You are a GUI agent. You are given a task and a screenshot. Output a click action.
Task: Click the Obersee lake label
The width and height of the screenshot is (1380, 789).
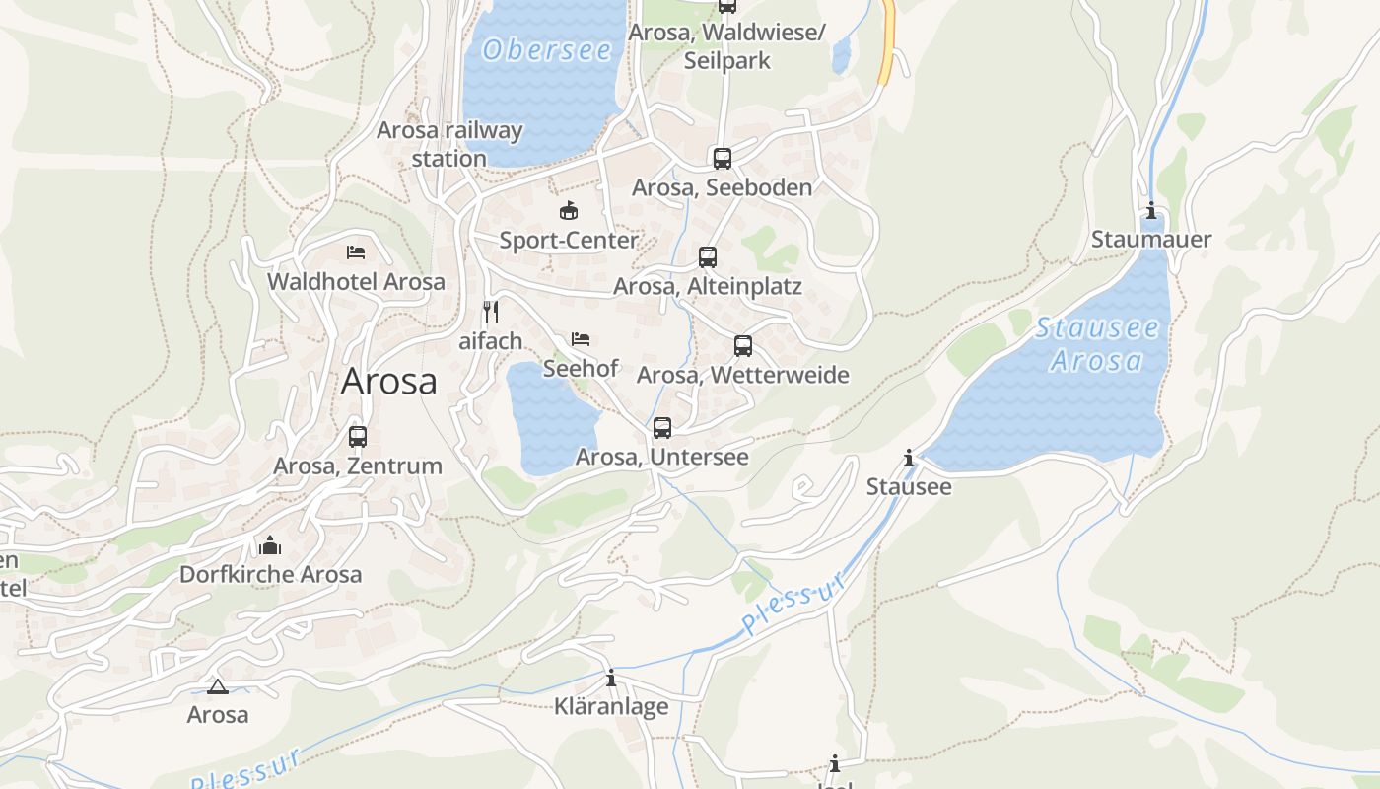pyautogui.click(x=547, y=49)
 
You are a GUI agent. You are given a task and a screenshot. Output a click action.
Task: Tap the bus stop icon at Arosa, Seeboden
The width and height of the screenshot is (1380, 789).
pyautogui.click(x=723, y=158)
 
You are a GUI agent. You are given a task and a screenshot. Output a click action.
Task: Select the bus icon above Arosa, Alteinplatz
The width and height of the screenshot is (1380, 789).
pyautogui.click(x=708, y=257)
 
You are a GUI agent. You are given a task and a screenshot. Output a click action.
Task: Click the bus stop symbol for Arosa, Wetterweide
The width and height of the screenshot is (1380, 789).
pyautogui.click(x=743, y=346)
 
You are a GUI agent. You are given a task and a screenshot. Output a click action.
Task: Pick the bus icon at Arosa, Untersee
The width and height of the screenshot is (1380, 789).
pyautogui.click(x=662, y=428)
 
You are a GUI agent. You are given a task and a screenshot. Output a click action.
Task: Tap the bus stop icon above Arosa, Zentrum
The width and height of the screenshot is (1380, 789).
pyautogui.click(x=358, y=436)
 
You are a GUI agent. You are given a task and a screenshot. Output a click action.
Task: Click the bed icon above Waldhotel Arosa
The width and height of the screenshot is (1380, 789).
pyautogui.click(x=356, y=252)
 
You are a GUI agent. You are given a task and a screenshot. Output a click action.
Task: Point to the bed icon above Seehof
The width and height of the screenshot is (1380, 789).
pyautogui.click(x=581, y=339)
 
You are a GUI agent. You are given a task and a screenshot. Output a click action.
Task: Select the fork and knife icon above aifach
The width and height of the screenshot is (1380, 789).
pyautogui.click(x=491, y=312)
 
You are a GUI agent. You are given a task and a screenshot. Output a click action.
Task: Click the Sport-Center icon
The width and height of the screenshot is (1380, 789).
pyautogui.click(x=569, y=210)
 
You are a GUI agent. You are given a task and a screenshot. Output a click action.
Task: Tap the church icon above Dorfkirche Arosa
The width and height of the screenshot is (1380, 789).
pyautogui.click(x=270, y=544)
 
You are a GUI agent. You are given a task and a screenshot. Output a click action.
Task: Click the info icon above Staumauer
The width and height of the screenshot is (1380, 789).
pyautogui.click(x=1151, y=210)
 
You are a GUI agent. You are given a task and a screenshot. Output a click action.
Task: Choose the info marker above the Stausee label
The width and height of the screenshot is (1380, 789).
pyautogui.click(x=909, y=458)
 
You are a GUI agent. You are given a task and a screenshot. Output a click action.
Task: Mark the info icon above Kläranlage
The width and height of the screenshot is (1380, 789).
pyautogui.click(x=611, y=678)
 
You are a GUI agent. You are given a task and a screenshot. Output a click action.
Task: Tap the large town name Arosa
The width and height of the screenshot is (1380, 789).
pyautogui.click(x=388, y=382)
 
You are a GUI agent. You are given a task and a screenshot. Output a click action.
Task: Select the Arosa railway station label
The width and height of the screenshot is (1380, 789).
pyautogui.click(x=449, y=144)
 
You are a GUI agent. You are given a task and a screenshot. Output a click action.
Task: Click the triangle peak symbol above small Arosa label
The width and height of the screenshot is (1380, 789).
pyautogui.click(x=218, y=686)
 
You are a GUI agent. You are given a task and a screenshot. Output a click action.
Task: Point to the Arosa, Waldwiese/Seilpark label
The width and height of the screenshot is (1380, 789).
pyautogui.click(x=727, y=46)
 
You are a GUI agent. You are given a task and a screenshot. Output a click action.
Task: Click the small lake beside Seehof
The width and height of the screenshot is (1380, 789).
pyautogui.click(x=552, y=419)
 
